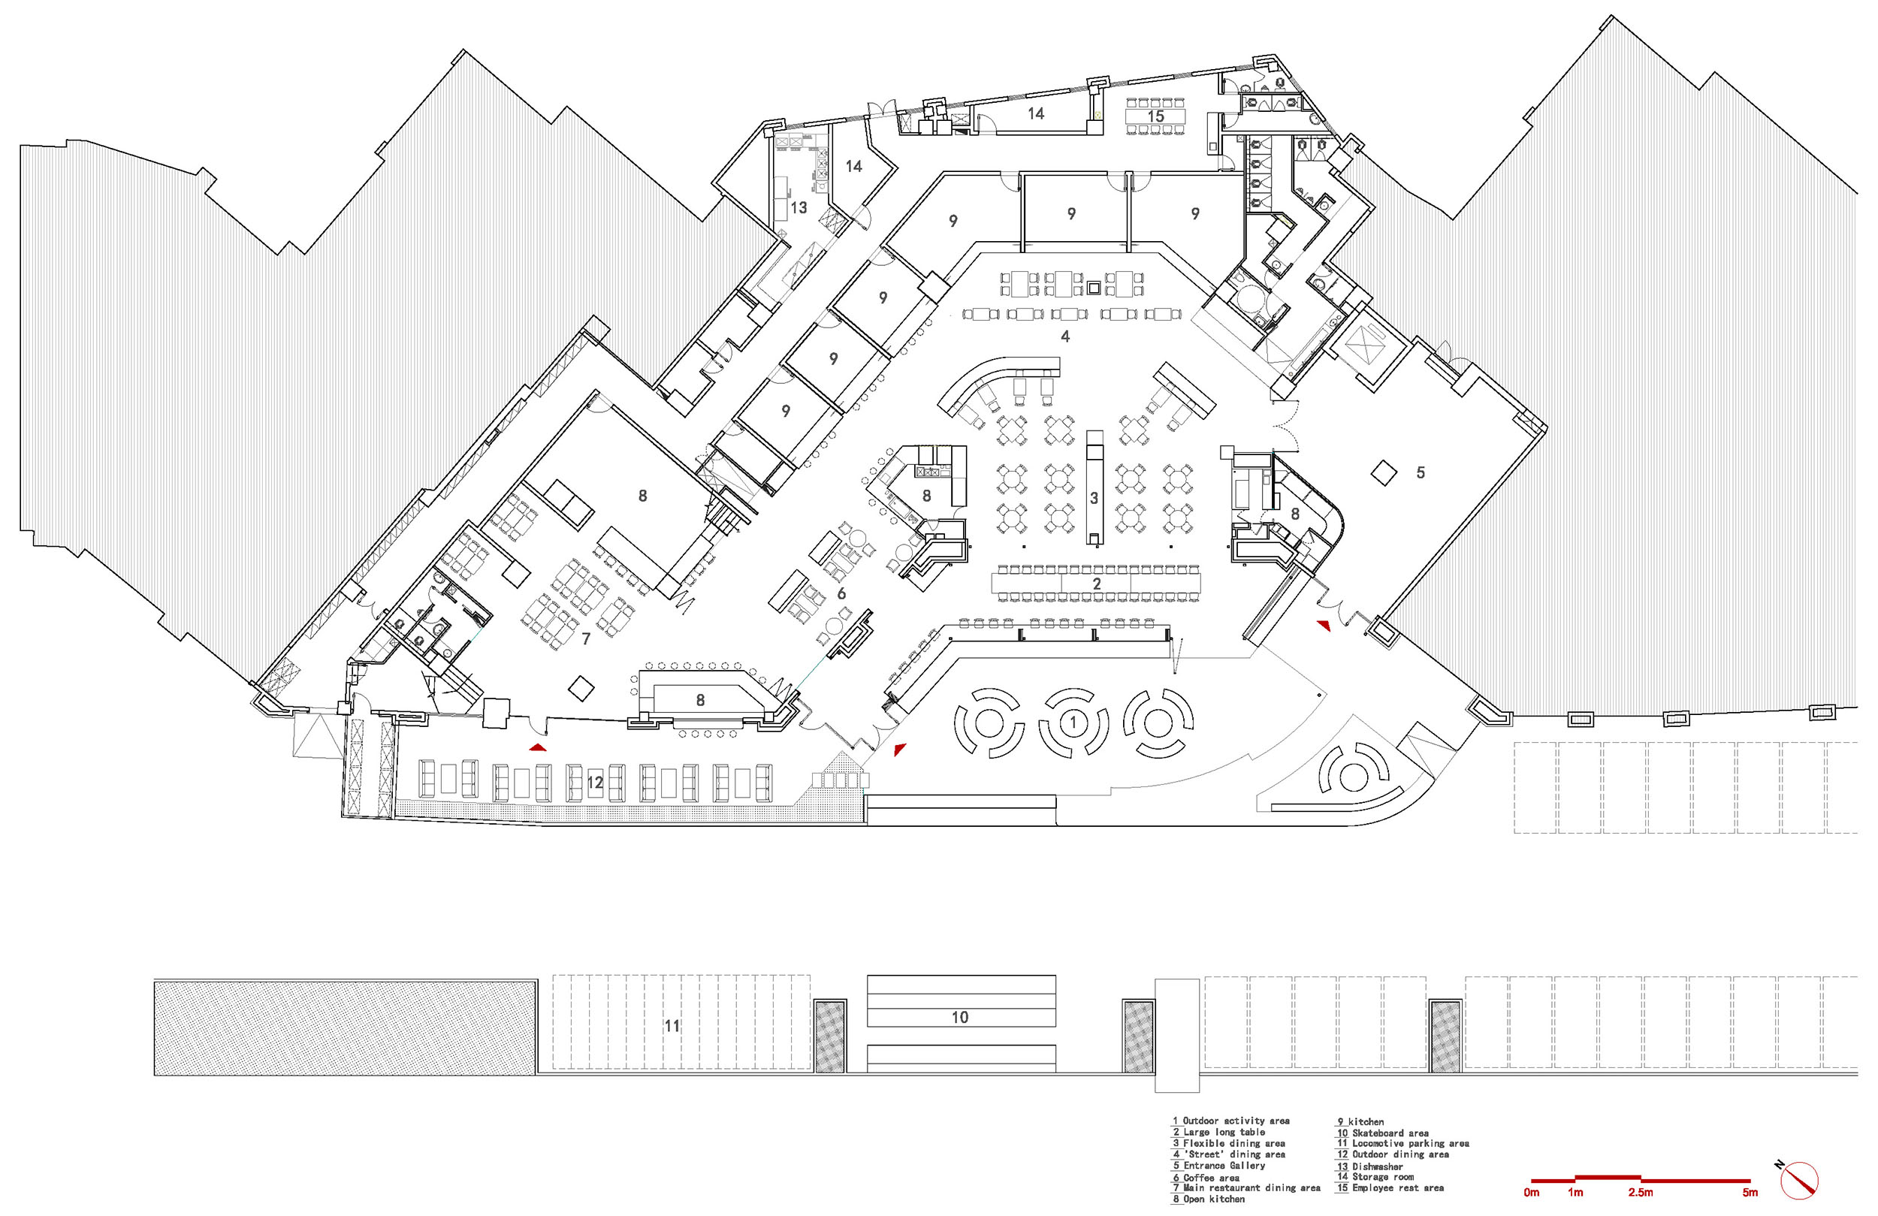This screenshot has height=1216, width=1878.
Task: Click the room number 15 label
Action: coord(1155,116)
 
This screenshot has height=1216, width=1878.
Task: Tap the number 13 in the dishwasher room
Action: coord(799,207)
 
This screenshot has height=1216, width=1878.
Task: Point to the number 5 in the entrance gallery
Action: coord(1421,472)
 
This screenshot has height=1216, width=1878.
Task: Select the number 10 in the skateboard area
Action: coord(959,1017)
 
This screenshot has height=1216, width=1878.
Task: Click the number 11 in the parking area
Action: coord(672,1026)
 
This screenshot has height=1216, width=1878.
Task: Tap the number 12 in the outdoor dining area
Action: coord(595,782)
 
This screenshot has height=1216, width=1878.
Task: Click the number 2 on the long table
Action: coord(1096,584)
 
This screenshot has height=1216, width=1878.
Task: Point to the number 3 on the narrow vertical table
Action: coord(1094,498)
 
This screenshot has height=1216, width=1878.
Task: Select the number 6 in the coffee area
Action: coord(841,593)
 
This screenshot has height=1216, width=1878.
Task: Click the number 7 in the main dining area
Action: coord(585,638)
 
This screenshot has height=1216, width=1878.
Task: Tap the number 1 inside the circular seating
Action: coord(1073,722)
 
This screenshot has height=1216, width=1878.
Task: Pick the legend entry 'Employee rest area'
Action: coord(1397,1187)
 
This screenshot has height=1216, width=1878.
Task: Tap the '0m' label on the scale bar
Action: coord(1532,1192)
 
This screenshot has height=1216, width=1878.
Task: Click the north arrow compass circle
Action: coord(1800,1181)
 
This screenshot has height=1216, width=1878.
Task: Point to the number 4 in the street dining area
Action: coord(1065,337)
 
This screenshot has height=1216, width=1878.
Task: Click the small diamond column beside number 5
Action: coord(1382,472)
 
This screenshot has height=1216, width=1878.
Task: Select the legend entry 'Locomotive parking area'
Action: coord(1410,1143)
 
